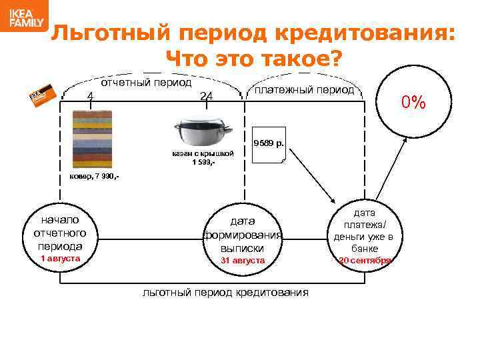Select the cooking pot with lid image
coord(203,133)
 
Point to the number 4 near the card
coord(89,95)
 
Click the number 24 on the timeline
coord(207,96)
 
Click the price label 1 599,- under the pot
coord(203,162)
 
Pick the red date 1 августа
coord(60,258)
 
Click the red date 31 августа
coord(243,260)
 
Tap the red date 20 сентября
coord(365,261)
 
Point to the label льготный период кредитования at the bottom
coord(226,292)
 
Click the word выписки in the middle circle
coord(243,248)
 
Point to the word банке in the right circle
coord(365,249)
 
